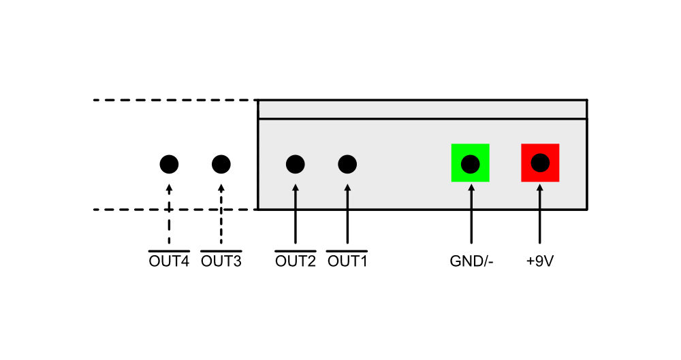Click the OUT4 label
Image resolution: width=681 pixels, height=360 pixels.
point(169,261)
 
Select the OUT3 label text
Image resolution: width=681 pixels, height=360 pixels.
point(221,261)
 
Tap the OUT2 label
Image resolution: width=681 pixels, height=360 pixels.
point(296,261)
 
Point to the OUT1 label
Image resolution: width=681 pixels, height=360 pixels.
point(347,261)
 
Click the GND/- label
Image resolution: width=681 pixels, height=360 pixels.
point(471,261)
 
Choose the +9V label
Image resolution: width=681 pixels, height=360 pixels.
point(540,261)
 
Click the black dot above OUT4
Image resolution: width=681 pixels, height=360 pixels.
point(169,164)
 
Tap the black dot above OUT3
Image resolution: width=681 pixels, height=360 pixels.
point(221,164)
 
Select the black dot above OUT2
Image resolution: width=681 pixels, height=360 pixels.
point(296,164)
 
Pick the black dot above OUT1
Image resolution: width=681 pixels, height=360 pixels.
point(347,164)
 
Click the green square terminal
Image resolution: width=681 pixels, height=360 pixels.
point(471,163)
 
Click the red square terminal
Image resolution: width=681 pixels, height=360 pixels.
point(540,163)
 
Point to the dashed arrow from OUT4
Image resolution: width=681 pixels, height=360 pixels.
point(169,214)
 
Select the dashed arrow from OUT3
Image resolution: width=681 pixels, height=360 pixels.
point(221,214)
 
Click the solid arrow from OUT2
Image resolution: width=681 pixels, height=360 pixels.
point(296,214)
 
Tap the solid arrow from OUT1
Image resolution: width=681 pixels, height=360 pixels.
point(347,214)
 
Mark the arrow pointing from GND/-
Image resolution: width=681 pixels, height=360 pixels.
point(471,214)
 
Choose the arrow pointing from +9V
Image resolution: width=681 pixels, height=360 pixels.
point(540,214)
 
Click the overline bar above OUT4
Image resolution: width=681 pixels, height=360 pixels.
point(169,251)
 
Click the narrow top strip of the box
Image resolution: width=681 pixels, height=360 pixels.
point(423,109)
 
